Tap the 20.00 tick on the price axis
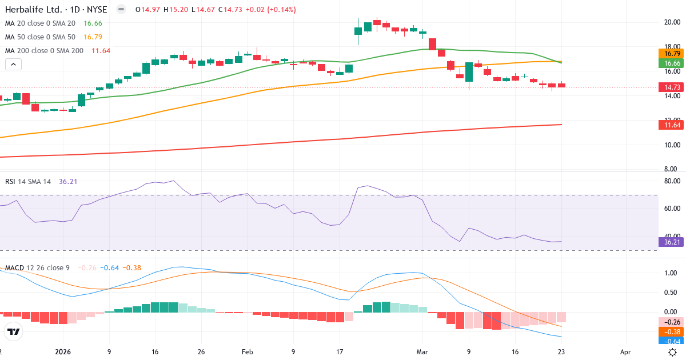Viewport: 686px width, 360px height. click(x=671, y=22)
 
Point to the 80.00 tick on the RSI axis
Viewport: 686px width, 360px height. click(x=671, y=181)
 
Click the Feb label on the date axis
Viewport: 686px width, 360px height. click(x=247, y=353)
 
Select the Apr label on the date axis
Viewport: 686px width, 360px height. click(x=625, y=353)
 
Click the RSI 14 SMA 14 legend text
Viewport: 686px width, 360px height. click(x=28, y=182)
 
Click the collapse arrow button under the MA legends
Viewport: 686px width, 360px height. click(x=13, y=65)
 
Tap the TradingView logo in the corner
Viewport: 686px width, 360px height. click(x=13, y=331)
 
